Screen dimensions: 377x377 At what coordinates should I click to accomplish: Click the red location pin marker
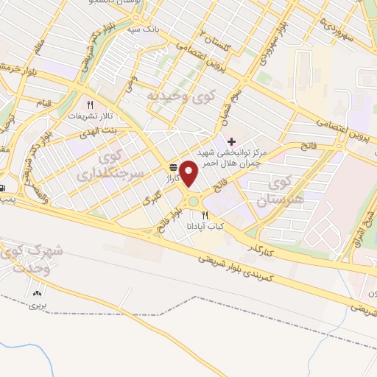click(x=189, y=173)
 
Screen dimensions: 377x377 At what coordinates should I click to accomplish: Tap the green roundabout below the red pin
click(x=193, y=200)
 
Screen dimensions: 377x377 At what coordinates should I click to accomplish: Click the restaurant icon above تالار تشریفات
click(x=90, y=105)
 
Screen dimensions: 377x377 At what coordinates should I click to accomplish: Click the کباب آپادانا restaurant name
click(x=204, y=226)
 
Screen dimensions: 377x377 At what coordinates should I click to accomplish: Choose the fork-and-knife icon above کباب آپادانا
click(x=205, y=215)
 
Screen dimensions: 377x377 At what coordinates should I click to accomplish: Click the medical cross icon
click(x=232, y=141)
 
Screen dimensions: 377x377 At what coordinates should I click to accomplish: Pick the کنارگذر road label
click(x=264, y=247)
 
